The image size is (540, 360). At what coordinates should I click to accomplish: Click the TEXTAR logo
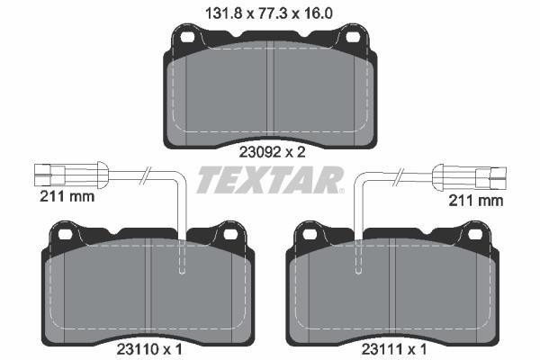point(270,179)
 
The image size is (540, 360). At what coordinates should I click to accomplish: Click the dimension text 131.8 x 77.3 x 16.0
point(269,13)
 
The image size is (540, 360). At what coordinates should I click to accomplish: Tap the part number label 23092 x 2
point(272,152)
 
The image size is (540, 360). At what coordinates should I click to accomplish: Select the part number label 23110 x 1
point(149,350)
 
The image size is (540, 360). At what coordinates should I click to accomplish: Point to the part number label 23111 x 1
point(394,350)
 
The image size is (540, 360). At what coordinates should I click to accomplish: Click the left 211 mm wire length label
point(67,197)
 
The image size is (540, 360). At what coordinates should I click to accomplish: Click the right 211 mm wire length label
point(475,201)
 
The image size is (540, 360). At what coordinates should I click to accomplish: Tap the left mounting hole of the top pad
point(187,37)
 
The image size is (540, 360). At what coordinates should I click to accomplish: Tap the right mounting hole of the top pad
point(353,37)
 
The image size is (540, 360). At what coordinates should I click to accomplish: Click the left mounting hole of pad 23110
point(65,235)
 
